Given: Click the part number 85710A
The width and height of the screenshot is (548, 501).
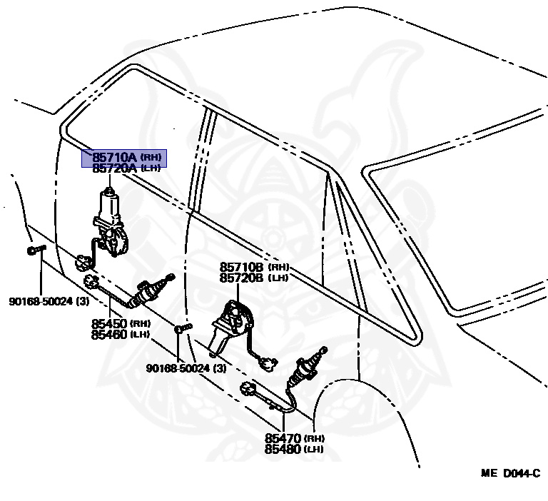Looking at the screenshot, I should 114,156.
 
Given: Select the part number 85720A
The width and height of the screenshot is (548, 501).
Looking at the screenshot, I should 114,168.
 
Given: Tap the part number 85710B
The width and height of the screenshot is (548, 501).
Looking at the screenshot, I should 242,267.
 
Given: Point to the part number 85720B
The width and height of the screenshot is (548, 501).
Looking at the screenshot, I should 242,278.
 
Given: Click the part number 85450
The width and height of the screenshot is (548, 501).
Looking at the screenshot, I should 108,323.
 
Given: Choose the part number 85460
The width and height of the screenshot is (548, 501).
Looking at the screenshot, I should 108,334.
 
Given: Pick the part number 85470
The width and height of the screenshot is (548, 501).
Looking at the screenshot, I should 283,438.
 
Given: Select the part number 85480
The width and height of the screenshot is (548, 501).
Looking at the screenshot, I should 283,449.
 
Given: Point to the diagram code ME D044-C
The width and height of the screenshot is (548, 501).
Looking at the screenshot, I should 510,473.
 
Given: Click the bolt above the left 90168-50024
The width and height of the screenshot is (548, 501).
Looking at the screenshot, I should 35,250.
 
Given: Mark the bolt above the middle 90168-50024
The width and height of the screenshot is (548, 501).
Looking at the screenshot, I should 183,328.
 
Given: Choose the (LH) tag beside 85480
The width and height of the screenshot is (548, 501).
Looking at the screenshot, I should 315,450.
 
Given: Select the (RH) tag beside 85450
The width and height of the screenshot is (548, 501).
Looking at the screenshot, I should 139,324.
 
